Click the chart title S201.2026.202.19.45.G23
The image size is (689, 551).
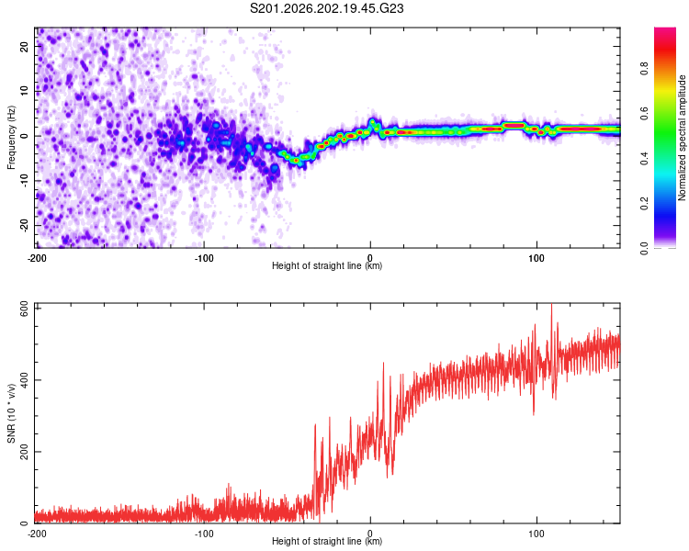(326, 8)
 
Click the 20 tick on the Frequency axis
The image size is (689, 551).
(24, 47)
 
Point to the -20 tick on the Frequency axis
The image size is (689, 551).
(24, 225)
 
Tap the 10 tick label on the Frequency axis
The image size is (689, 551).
(24, 91)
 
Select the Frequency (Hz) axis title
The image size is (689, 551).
(11, 137)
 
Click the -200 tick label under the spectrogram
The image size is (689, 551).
(37, 258)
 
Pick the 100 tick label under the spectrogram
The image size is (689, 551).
(537, 258)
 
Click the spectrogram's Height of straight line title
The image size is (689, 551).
(327, 265)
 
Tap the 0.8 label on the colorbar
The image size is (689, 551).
(644, 69)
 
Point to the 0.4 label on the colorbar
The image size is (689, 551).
(644, 159)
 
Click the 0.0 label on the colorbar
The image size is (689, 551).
(644, 248)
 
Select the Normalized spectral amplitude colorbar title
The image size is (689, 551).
(682, 138)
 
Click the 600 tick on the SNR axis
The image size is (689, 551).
(24, 309)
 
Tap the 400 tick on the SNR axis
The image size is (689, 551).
(24, 380)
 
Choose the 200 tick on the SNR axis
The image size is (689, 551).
(24, 452)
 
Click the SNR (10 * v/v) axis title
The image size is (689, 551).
(11, 413)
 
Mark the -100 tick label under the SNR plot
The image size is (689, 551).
(204, 534)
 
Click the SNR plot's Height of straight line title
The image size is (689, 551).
(327, 541)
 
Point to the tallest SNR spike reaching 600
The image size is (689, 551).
(551, 305)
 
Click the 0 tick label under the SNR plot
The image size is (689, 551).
(370, 534)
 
